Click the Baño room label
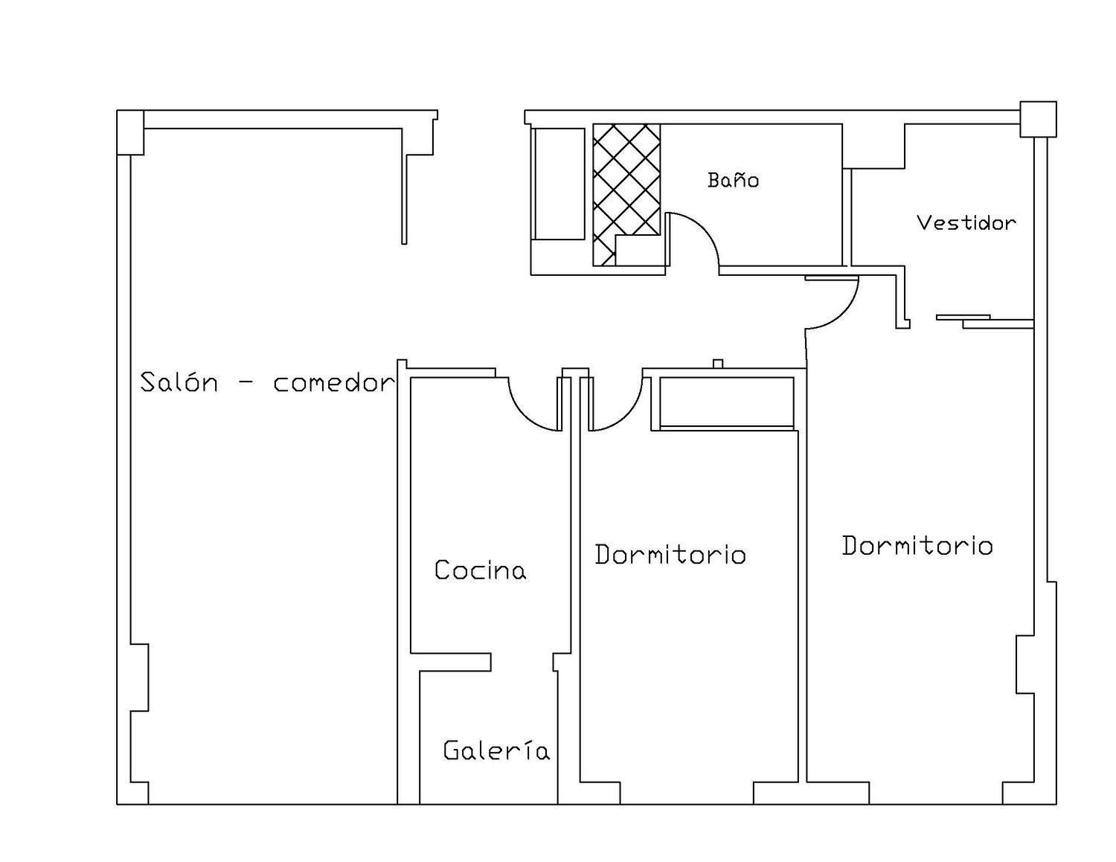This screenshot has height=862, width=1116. click(733, 180)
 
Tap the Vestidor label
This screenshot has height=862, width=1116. click(966, 223)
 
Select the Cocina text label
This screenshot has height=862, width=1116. click(480, 570)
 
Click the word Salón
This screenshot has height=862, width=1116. click(179, 382)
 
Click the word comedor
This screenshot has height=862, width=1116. click(334, 382)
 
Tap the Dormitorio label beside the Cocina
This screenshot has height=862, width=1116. click(670, 555)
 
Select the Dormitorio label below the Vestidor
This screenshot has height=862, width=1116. click(917, 546)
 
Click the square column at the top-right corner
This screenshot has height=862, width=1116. click(1038, 119)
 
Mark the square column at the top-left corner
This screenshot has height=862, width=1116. click(130, 132)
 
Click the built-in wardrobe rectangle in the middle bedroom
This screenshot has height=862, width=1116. click(727, 402)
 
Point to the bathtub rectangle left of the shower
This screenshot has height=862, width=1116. click(559, 184)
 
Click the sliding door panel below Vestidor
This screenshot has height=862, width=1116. click(963, 317)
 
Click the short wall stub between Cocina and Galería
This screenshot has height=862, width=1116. click(451, 662)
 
